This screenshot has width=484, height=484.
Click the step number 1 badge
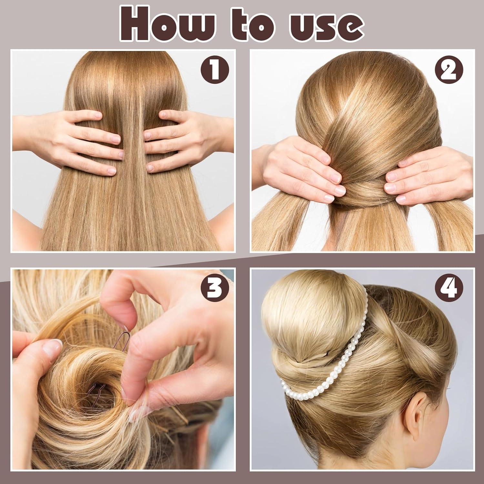coord(215,69)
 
